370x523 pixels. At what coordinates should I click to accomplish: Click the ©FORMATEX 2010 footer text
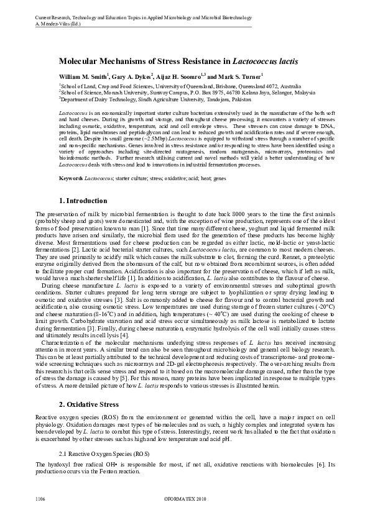coord(185,498)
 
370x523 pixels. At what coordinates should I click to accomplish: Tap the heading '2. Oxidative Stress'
coord(88,404)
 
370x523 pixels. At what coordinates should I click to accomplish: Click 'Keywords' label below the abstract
coord(70,178)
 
